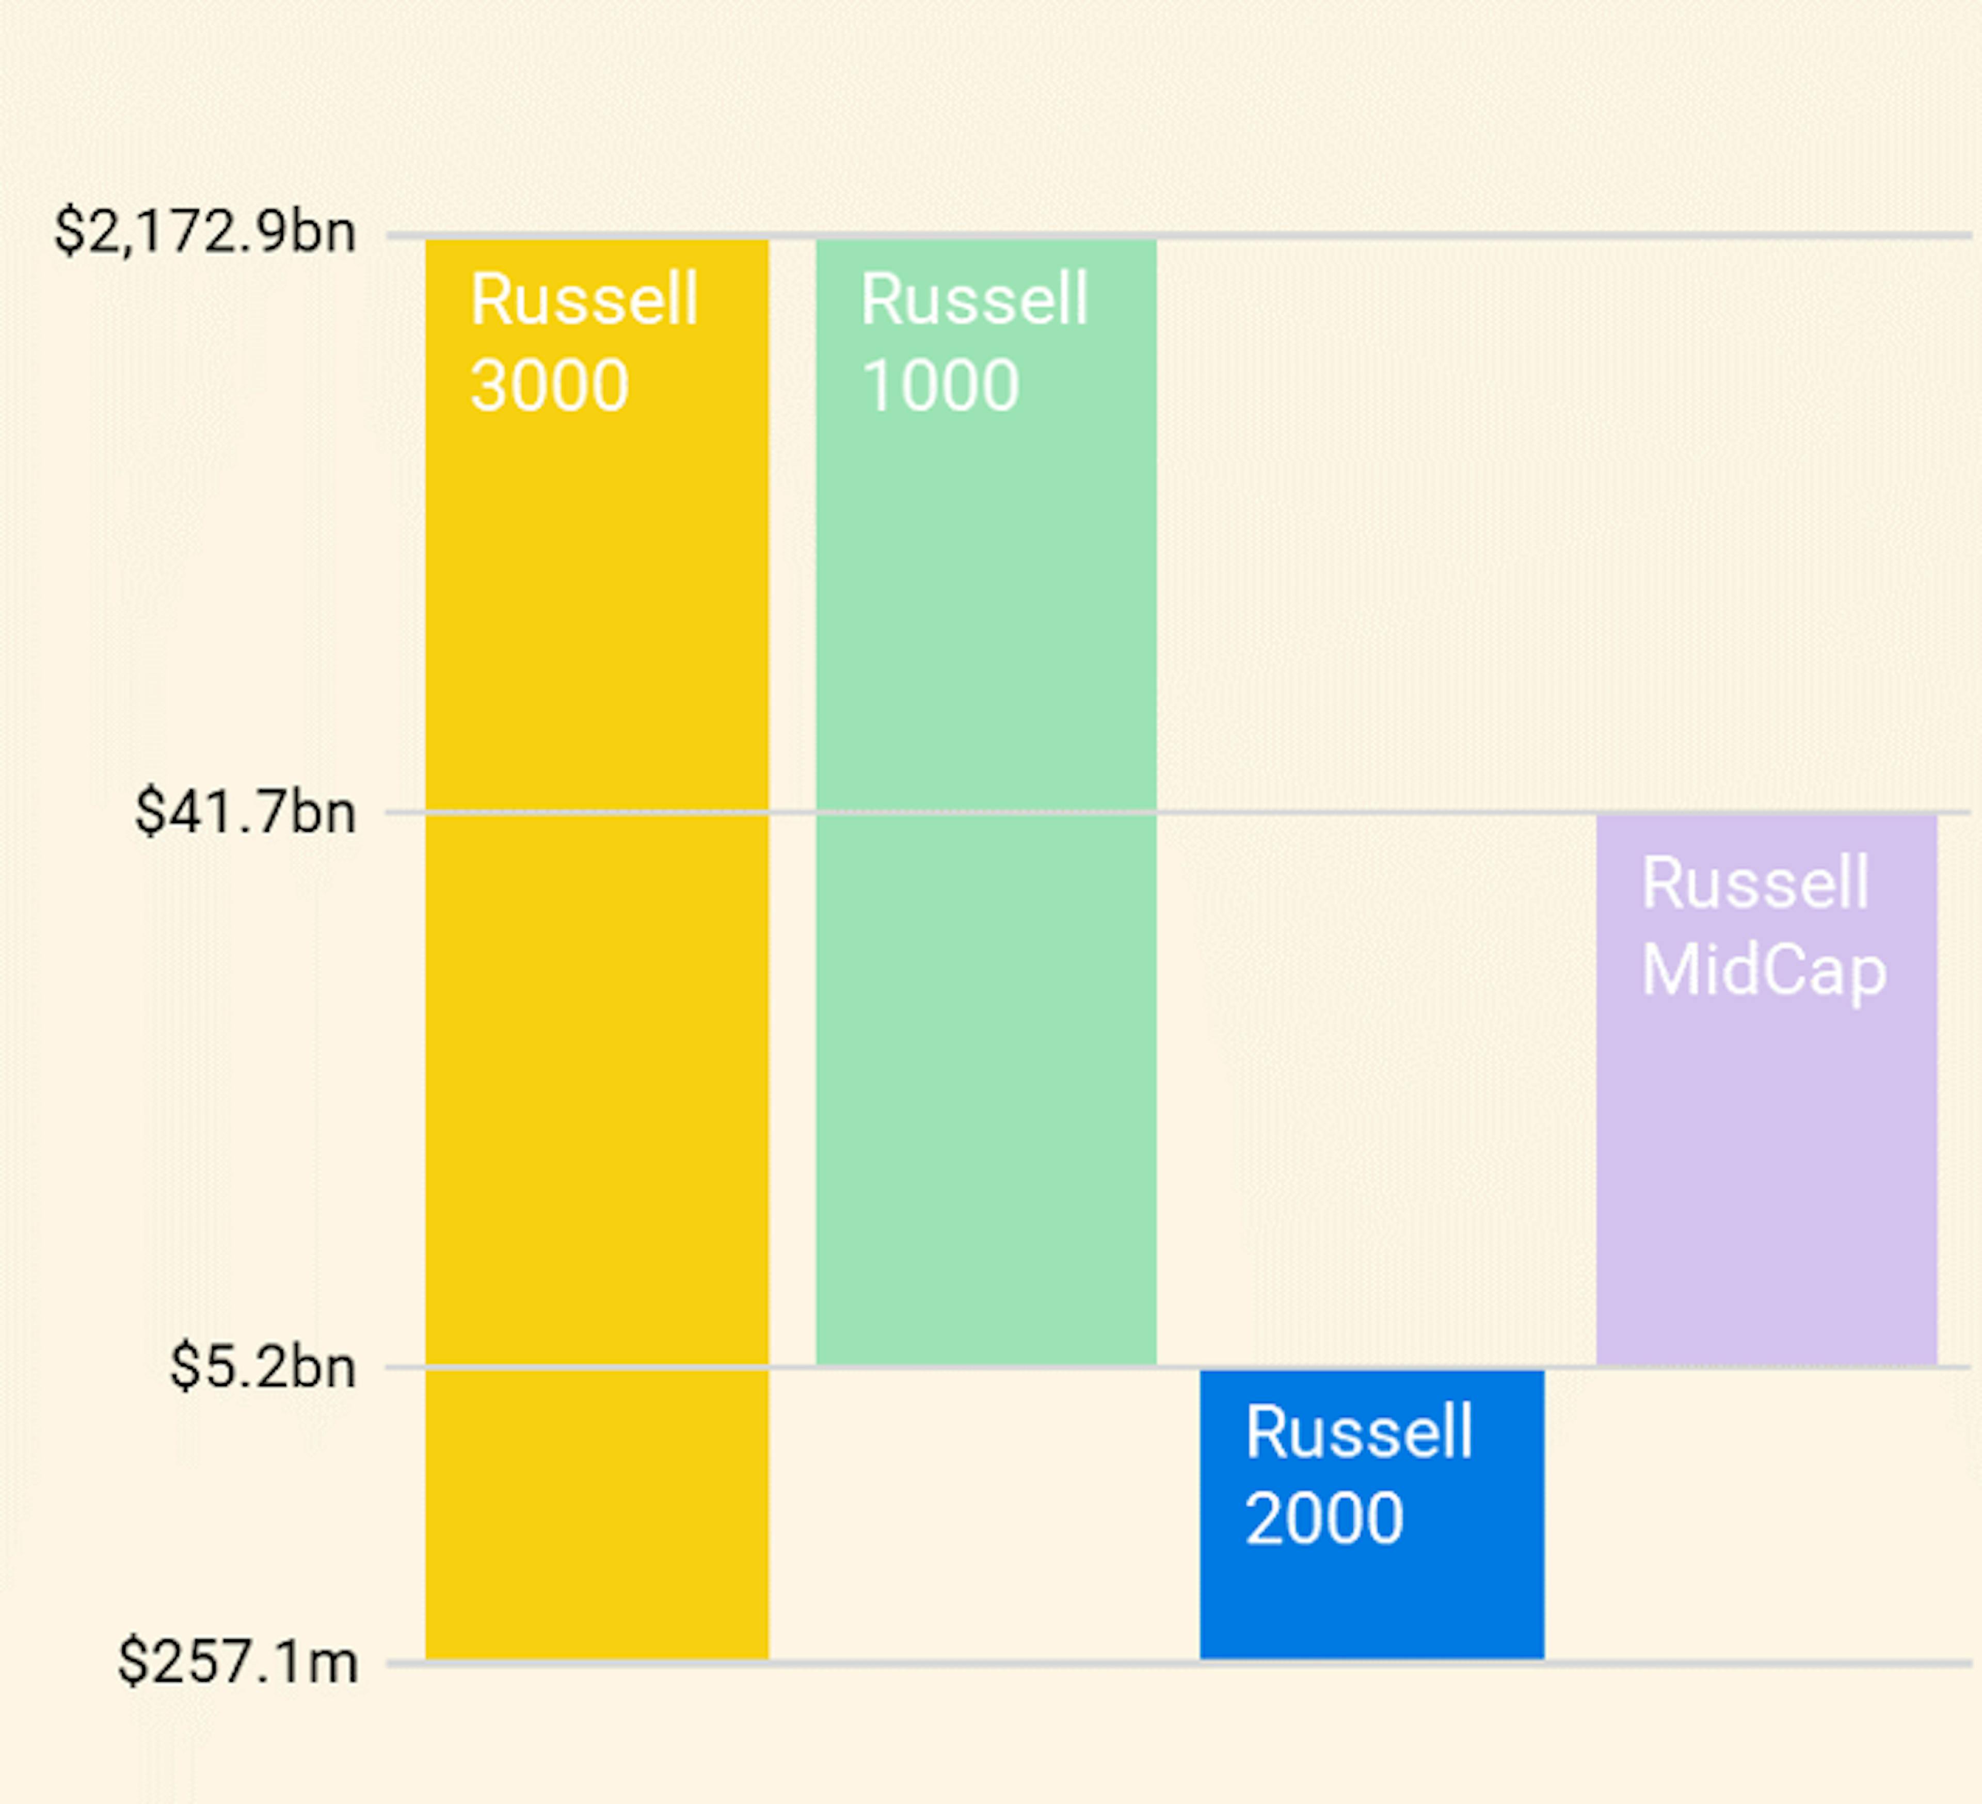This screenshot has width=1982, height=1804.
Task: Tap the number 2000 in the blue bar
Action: (x=1323, y=1518)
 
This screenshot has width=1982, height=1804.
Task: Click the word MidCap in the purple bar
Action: (x=1763, y=970)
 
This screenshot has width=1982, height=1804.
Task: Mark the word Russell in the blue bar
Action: (x=1358, y=1432)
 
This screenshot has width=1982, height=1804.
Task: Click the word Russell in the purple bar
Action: (x=1755, y=883)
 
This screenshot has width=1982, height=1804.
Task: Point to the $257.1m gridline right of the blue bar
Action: (x=1760, y=1664)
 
